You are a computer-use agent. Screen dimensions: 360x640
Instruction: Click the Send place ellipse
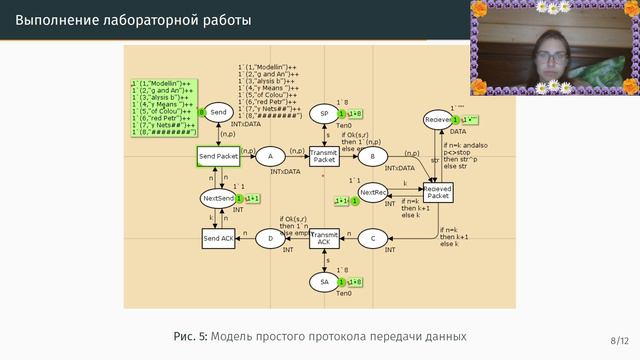[218, 113]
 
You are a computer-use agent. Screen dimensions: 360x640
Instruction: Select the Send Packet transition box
[218, 157]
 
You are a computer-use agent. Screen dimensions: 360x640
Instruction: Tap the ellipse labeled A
[270, 157]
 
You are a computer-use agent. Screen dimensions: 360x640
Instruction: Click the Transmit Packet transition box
[324, 157]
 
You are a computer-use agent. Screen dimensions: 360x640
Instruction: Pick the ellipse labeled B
[372, 157]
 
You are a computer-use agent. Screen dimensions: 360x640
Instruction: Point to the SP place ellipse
[324, 115]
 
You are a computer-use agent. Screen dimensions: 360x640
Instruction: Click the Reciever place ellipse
[438, 120]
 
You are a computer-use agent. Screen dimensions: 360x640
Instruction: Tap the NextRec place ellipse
[373, 192]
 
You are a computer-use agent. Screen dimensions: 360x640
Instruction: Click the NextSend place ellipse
[218, 199]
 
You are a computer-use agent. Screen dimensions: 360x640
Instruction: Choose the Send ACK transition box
[218, 239]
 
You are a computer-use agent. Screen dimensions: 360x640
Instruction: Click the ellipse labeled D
[270, 239]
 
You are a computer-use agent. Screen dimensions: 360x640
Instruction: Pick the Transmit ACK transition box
[324, 239]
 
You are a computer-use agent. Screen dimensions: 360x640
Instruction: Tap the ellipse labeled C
[372, 239]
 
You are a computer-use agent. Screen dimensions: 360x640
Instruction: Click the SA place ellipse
[324, 282]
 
